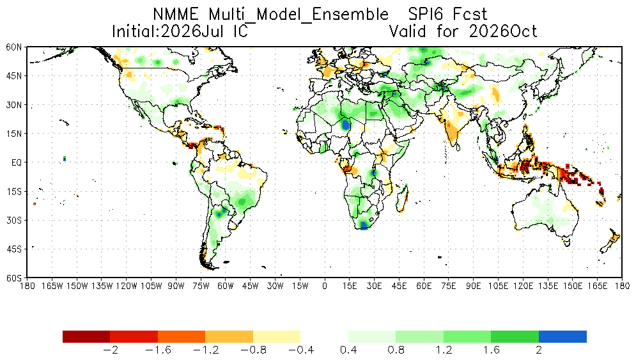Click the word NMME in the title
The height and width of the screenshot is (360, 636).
coord(176,15)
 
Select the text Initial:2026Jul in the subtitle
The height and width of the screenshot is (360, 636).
coord(167,31)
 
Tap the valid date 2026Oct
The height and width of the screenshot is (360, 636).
coord(503,31)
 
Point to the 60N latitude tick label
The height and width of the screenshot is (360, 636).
coord(14,47)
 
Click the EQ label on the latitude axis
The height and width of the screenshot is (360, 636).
coord(17,162)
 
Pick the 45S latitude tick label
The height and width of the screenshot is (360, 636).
coord(14,249)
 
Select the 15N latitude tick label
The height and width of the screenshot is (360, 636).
coord(14,134)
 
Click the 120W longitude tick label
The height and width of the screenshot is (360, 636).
coord(126,286)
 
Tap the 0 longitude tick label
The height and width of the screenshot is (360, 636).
coord(325,286)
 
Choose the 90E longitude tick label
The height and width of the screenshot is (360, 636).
coord(474,286)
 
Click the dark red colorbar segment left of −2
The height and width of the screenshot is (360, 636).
coord(86,336)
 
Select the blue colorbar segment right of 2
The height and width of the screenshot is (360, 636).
coord(562,336)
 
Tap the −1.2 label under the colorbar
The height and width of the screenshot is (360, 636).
coord(206,350)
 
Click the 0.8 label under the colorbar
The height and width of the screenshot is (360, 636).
coord(396,350)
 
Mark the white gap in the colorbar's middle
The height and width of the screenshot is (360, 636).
coord(324,336)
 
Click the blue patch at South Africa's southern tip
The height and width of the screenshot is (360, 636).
coord(364,225)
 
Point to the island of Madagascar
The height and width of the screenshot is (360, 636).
coord(402,198)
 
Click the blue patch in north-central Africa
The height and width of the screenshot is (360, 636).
coord(345,124)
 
